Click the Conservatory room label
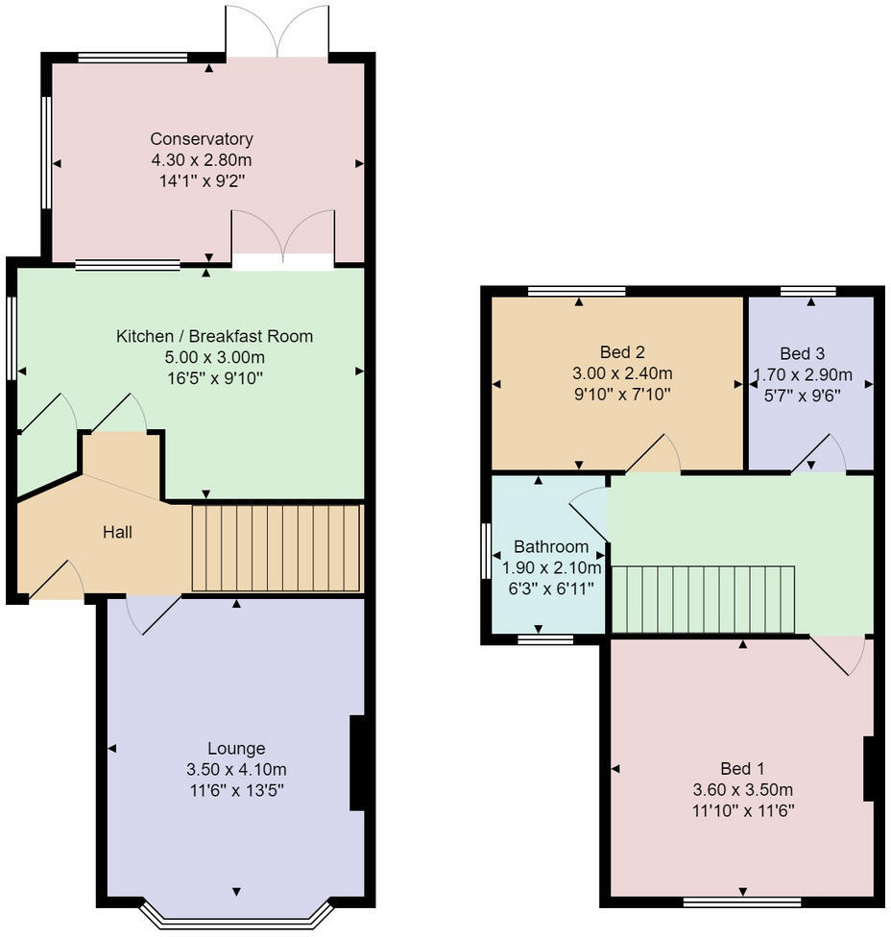[x=202, y=138]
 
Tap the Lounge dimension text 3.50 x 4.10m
[x=236, y=769]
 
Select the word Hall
[x=117, y=532]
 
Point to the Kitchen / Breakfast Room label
[x=214, y=336]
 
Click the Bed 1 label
[x=742, y=768]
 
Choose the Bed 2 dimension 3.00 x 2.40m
[x=622, y=373]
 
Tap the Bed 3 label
[x=802, y=353]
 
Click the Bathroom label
[x=551, y=546]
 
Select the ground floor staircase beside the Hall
[x=277, y=548]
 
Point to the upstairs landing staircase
[x=704, y=599]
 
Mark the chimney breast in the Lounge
[x=357, y=762]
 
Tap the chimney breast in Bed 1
[x=869, y=768]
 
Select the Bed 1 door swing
[x=837, y=655]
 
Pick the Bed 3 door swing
[x=819, y=453]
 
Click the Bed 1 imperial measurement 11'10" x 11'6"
[x=743, y=811]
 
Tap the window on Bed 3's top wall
[x=807, y=291]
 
